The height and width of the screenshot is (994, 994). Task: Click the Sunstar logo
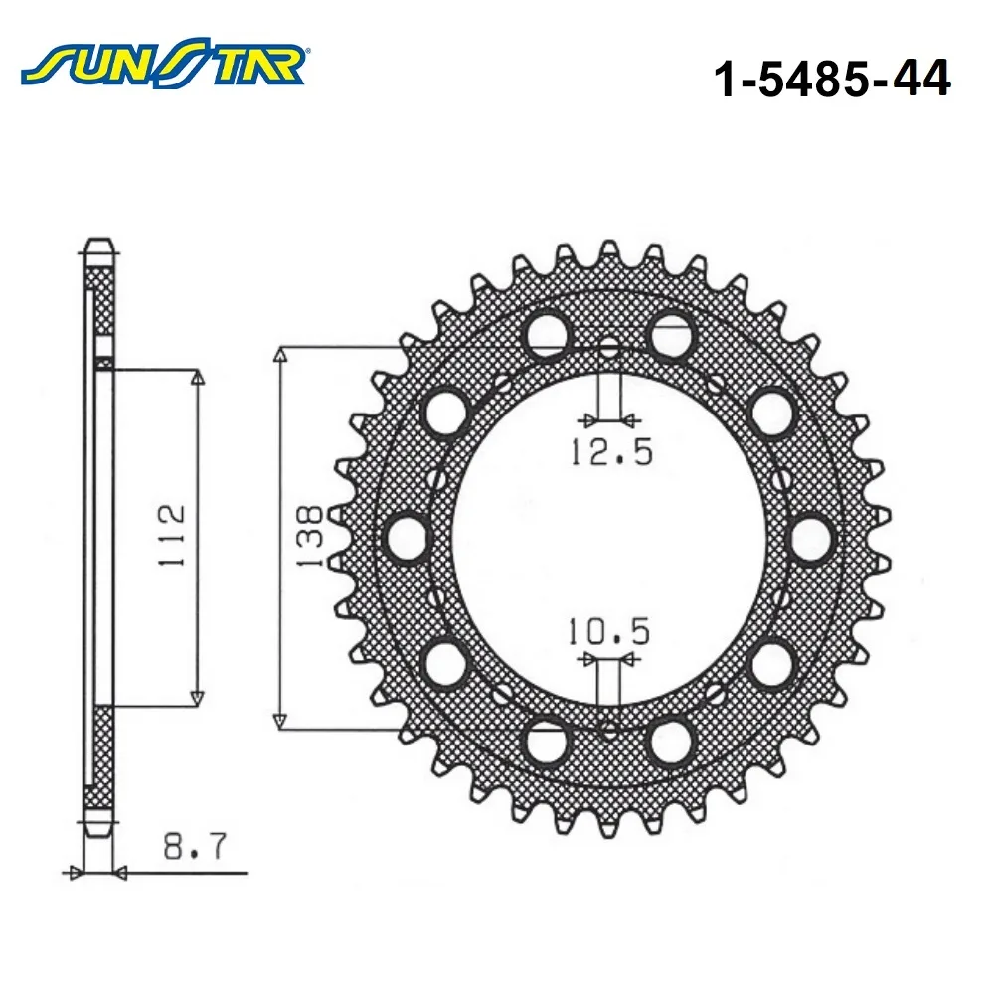tap(165, 61)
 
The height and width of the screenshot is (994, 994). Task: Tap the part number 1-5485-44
tap(832, 78)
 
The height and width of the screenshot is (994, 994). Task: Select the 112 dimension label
tap(172, 535)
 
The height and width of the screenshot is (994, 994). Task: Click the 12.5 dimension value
tap(611, 452)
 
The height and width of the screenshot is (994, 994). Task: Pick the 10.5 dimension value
tap(608, 631)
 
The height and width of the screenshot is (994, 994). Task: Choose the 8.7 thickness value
tap(194, 846)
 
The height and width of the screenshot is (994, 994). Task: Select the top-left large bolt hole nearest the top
tap(547, 334)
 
